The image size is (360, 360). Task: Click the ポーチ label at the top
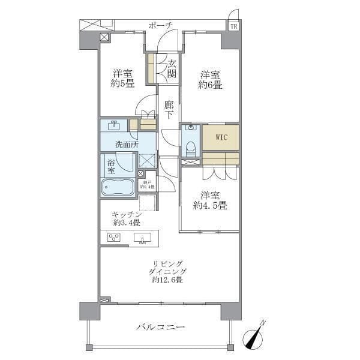(161, 25)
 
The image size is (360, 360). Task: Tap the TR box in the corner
(233, 26)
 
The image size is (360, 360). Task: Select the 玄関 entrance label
(172, 69)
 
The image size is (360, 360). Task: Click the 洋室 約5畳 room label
(122, 79)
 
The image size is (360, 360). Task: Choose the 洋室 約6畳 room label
(210, 80)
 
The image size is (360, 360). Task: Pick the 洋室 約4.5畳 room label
(209, 200)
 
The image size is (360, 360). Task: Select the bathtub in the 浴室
(118, 187)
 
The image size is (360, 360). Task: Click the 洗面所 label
(127, 145)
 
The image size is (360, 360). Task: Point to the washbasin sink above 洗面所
(115, 125)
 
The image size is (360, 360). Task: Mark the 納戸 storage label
(147, 184)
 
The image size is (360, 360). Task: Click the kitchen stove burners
(114, 237)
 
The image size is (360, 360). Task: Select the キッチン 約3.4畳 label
(126, 219)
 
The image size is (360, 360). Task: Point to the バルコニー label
(160, 327)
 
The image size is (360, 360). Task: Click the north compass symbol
(254, 337)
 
